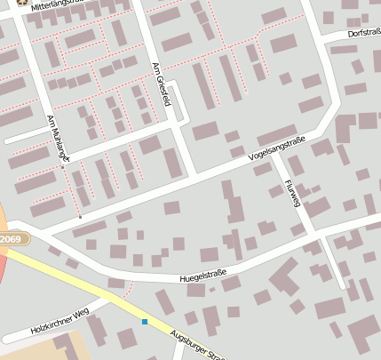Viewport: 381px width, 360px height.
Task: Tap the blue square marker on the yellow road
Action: pos(144,322)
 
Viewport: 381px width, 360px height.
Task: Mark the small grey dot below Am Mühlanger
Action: pos(80,216)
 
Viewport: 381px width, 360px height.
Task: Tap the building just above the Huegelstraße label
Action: pos(210,255)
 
